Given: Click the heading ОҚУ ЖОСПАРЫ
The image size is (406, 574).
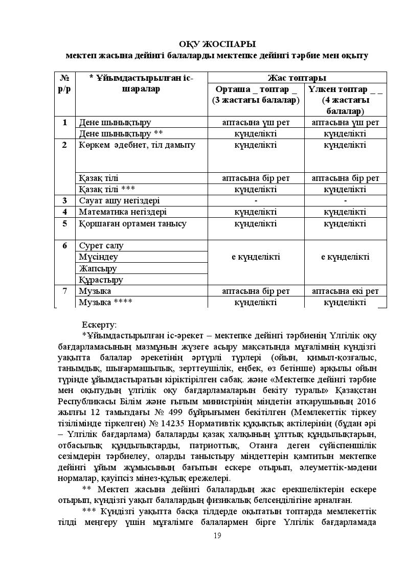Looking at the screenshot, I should point(217,44).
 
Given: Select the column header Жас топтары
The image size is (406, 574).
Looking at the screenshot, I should point(297,78).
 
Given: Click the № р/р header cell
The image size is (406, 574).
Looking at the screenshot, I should point(65,83).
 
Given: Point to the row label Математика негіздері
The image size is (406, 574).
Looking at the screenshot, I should point(123,212).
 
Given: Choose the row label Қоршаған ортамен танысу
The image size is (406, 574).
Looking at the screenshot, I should point(132,223).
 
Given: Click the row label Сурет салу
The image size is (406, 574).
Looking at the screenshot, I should point(101,245).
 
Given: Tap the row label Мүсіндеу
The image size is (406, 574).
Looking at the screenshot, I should point(99,257).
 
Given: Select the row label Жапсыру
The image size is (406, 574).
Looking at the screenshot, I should point(98,268).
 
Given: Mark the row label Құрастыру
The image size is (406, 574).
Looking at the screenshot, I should point(101,280).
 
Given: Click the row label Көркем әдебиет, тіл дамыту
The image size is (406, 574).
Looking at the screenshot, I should point(137,145).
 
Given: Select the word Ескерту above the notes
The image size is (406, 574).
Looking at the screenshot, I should point(99,325).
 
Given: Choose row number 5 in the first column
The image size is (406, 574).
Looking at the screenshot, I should point(65,223).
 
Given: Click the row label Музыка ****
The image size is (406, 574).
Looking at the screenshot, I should point(106,302).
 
